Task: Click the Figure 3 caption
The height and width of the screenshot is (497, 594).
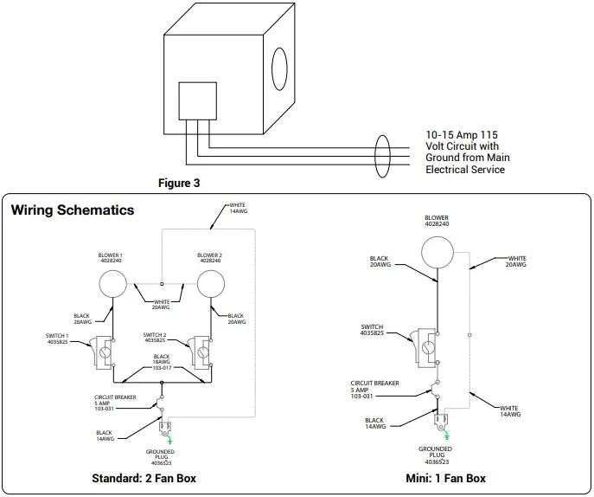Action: tap(179, 184)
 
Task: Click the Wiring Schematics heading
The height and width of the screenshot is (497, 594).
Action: tap(73, 210)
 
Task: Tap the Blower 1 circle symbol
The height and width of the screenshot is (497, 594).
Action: tap(114, 283)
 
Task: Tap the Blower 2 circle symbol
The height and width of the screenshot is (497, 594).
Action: tap(210, 283)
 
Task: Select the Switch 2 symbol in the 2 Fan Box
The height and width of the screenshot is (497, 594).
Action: tap(201, 351)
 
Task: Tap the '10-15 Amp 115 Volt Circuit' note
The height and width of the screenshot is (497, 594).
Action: tap(469, 152)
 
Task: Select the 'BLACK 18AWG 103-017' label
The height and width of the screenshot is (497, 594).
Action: tap(162, 362)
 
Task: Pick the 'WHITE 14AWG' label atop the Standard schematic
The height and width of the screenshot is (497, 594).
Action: tap(237, 209)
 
